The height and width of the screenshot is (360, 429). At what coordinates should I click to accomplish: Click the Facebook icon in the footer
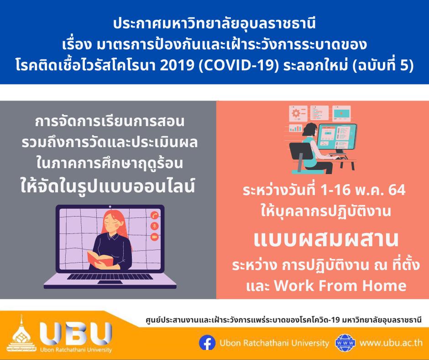(207, 342)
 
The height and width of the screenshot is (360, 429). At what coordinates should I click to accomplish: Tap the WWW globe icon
(345, 343)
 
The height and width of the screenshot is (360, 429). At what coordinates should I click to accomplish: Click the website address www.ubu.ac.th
(391, 343)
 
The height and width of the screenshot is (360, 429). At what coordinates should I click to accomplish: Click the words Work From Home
(340, 286)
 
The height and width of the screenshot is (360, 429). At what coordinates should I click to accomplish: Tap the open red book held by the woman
(99, 259)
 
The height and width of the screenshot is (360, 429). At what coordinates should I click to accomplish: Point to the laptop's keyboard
(110, 277)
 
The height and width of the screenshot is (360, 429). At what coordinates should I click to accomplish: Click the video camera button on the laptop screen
(155, 237)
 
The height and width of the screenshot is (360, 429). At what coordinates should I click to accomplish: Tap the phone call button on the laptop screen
(155, 215)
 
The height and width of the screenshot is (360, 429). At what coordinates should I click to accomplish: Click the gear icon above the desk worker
(296, 113)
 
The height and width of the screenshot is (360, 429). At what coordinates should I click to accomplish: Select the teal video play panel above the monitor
(341, 113)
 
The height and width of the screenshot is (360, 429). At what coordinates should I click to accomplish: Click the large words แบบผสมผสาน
(326, 239)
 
